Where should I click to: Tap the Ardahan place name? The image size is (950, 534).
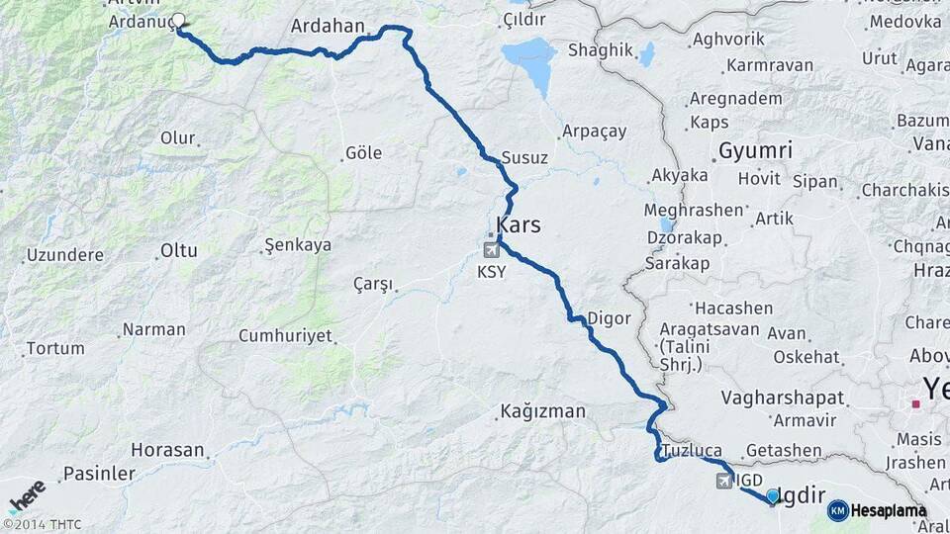coord(328,27)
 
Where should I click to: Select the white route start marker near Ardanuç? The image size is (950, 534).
coord(178,20)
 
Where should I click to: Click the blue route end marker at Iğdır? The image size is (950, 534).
coord(772,495)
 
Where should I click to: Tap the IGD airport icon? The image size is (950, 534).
coord(725,480)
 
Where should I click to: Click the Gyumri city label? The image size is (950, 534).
coord(755,151)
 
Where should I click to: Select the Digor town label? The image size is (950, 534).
coord(609,318)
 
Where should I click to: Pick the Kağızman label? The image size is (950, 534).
coord(543,411)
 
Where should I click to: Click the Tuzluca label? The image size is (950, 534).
coord(693,450)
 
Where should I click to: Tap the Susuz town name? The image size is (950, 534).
coord(524,157)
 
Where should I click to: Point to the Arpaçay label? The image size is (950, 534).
coord(595,131)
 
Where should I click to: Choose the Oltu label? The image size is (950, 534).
coord(179,250)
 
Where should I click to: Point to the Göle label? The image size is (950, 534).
coord(363,153)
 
